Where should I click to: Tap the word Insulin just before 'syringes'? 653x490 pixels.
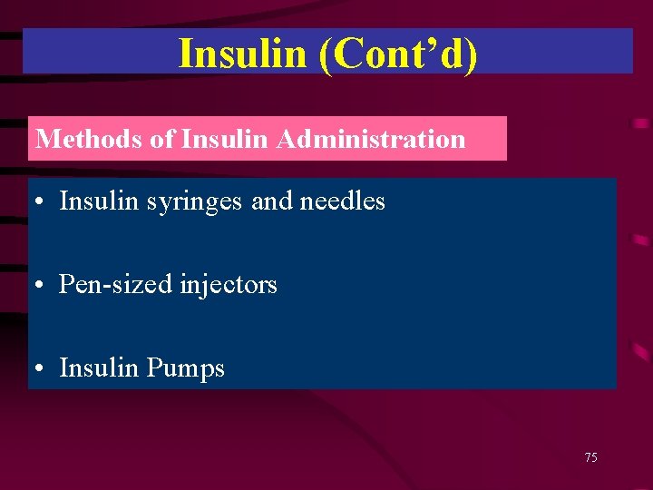[x=93, y=201]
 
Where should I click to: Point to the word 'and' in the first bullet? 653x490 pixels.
[x=269, y=201]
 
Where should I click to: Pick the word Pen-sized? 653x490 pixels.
[x=117, y=285]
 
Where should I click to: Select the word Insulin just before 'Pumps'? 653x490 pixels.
[x=93, y=367]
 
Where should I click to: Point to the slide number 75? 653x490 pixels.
[x=590, y=458]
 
